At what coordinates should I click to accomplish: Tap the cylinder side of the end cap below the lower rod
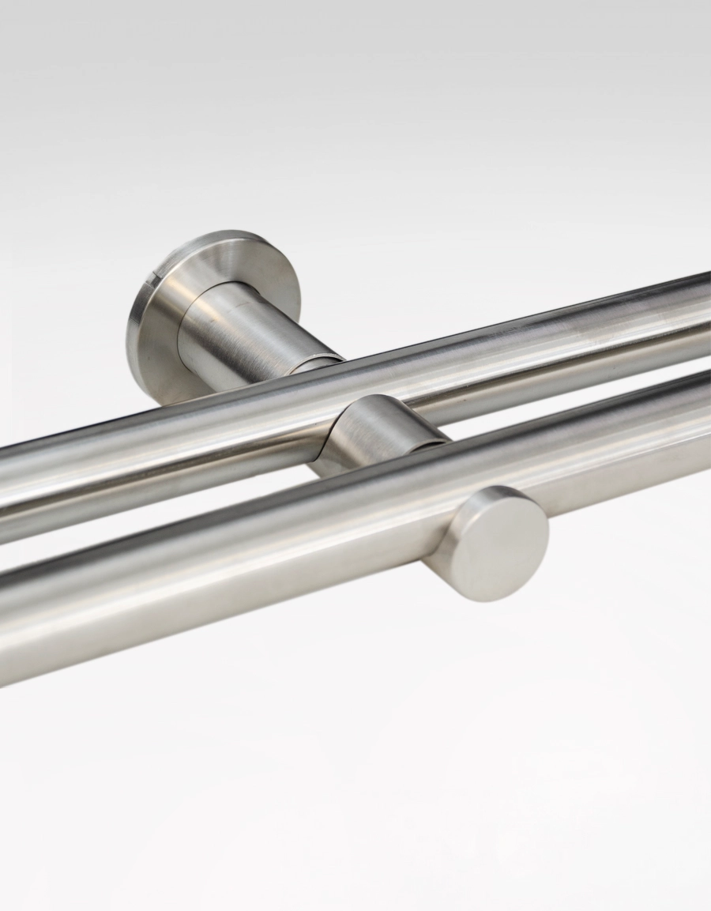point(450,569)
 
